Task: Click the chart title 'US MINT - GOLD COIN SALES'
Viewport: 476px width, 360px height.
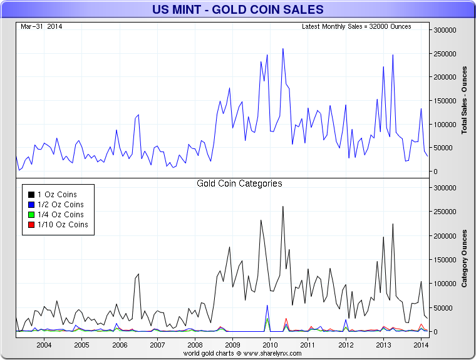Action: (238, 9)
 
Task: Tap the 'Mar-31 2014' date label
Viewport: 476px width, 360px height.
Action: (41, 26)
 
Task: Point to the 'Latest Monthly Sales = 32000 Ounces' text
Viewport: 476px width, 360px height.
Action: (356, 26)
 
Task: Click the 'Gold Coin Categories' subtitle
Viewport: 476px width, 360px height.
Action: (239, 183)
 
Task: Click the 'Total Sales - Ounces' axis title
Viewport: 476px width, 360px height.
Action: (464, 100)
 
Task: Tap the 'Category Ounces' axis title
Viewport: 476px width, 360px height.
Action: (464, 259)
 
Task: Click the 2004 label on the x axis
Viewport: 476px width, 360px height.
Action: (44, 345)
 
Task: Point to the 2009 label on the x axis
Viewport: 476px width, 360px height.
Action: (232, 345)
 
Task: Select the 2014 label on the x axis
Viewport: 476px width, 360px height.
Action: (421, 345)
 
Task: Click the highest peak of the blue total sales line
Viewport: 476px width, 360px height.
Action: (283, 48)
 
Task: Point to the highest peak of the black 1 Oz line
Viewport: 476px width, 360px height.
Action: (283, 207)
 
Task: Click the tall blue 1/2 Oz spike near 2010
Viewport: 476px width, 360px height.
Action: (267, 306)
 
